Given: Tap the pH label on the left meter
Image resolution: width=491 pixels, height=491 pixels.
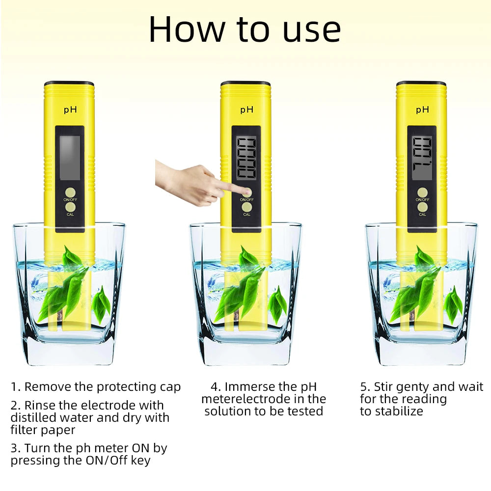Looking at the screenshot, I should click(x=70, y=109).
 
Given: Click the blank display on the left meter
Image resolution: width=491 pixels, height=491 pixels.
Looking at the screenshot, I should click(x=69, y=157).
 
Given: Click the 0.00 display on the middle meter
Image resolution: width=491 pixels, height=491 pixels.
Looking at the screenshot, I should click(x=246, y=158).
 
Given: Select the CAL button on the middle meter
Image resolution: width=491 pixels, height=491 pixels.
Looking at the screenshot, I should click(x=246, y=207).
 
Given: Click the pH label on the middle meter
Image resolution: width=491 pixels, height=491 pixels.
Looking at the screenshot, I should click(x=246, y=109).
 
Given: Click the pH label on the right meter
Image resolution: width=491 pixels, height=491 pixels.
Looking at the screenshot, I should click(x=422, y=109).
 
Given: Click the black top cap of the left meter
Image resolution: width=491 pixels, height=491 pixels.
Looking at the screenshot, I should click(x=69, y=83).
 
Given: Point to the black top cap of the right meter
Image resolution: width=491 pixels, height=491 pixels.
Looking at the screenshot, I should click(x=421, y=83).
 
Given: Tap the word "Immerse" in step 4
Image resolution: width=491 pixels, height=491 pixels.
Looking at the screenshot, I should click(x=250, y=387).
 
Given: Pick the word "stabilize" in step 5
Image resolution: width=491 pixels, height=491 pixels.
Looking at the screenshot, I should click(x=399, y=411).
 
